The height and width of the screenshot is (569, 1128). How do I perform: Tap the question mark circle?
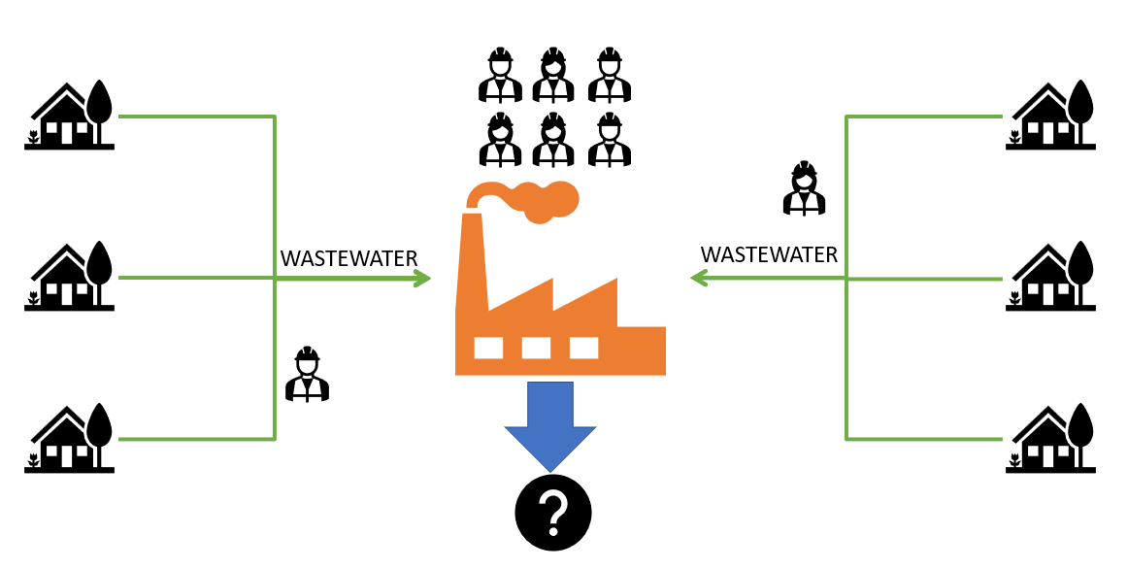tap(552, 512)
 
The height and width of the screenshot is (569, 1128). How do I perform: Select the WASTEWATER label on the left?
tap(348, 259)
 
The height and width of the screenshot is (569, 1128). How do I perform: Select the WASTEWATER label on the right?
tap(769, 255)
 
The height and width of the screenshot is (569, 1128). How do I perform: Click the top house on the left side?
tap(68, 116)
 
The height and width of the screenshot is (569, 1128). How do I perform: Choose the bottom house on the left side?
tap(68, 439)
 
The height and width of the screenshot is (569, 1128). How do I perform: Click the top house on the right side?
tap(1052, 116)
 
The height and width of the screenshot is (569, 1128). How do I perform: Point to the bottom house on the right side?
tap(1052, 439)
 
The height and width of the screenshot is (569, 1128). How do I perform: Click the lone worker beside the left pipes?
tap(307, 374)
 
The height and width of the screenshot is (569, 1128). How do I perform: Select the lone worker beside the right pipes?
tap(804, 187)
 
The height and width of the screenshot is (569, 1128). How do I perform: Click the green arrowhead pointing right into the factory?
tap(422, 279)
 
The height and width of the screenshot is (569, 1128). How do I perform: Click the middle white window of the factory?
tap(536, 348)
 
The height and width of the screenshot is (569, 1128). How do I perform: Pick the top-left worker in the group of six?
tap(500, 75)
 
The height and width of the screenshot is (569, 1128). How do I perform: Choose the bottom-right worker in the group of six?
tap(610, 139)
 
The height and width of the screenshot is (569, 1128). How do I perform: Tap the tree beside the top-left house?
tap(99, 102)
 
